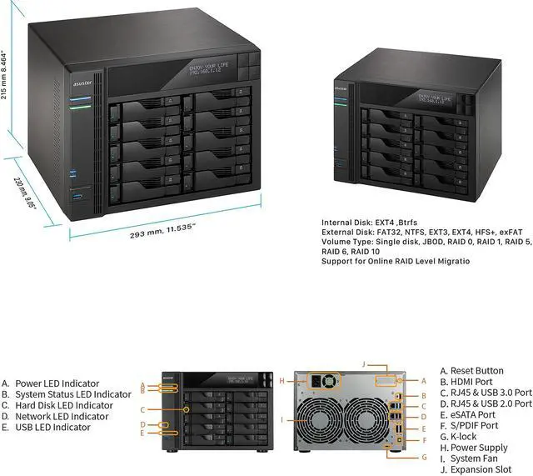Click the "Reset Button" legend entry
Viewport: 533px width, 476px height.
[477, 371]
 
